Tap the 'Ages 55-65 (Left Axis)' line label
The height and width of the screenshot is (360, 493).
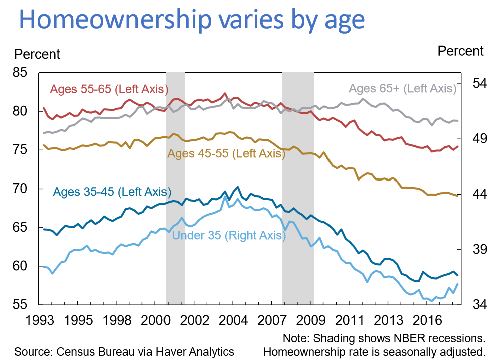(108, 89)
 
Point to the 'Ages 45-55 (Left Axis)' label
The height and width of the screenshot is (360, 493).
(226, 153)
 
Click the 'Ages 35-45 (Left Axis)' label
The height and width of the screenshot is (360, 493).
(112, 192)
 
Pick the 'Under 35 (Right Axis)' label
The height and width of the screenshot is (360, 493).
(227, 235)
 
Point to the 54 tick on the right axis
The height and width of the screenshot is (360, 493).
(476, 83)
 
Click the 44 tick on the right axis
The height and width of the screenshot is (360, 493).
(476, 194)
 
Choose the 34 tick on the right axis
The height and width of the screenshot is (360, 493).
(476, 304)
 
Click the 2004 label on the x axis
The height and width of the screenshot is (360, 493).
(233, 320)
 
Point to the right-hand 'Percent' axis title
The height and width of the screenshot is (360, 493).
(460, 51)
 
